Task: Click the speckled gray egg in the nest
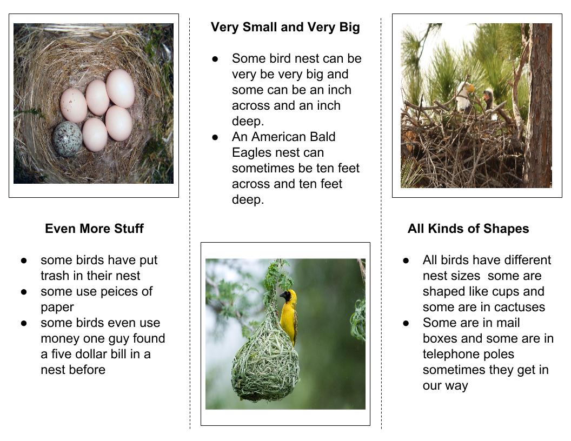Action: (x=67, y=139)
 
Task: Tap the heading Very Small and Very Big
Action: (x=285, y=27)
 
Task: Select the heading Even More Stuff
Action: (x=94, y=229)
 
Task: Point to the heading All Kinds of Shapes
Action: (x=468, y=229)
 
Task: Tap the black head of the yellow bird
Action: (x=287, y=296)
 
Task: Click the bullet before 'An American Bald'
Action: (x=215, y=137)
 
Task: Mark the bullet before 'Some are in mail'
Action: (x=406, y=323)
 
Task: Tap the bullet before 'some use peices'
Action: (x=24, y=292)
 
